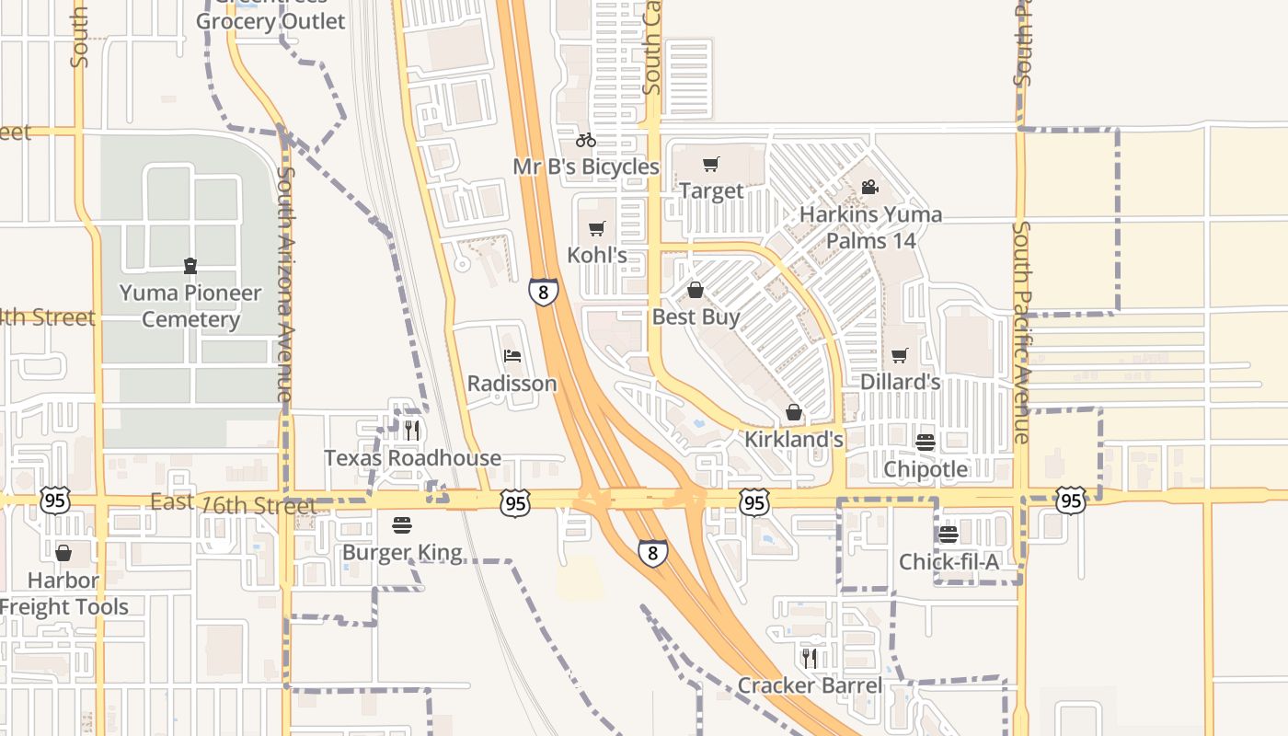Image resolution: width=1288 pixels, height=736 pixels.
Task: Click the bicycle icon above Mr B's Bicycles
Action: [x=585, y=140]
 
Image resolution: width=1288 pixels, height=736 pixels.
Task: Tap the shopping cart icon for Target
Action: [x=710, y=165]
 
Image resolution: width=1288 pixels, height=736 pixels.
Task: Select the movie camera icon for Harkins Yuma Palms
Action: [x=869, y=188]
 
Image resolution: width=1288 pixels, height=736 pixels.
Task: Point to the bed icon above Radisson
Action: [x=512, y=356]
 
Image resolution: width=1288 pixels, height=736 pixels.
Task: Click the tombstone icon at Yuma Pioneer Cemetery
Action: [x=190, y=266]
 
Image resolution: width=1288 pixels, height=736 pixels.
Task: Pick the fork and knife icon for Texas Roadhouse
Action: [x=411, y=430]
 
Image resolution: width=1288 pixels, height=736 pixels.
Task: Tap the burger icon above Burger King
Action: [x=402, y=525]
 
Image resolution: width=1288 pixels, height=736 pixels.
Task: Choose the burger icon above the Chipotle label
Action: [x=926, y=442]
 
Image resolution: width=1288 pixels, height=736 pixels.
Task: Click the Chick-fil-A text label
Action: [x=949, y=561]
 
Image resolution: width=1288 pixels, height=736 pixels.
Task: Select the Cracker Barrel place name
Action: [x=810, y=685]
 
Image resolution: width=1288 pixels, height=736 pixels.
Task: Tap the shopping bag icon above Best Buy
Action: [x=696, y=291]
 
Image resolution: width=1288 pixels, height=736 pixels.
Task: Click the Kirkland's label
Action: [x=793, y=439]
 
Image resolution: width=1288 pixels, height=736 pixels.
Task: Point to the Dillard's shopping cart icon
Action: [x=900, y=355]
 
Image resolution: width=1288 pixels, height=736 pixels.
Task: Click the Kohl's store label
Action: [x=597, y=255]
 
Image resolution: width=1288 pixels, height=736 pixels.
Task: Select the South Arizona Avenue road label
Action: [x=286, y=282]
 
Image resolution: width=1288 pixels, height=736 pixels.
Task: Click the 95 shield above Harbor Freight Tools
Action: [x=55, y=501]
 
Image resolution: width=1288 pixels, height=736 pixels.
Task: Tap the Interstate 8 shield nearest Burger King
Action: [x=652, y=552]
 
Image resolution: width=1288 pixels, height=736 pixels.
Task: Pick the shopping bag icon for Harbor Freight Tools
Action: [x=63, y=553]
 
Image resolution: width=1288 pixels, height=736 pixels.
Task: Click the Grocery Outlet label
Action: [x=270, y=20]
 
